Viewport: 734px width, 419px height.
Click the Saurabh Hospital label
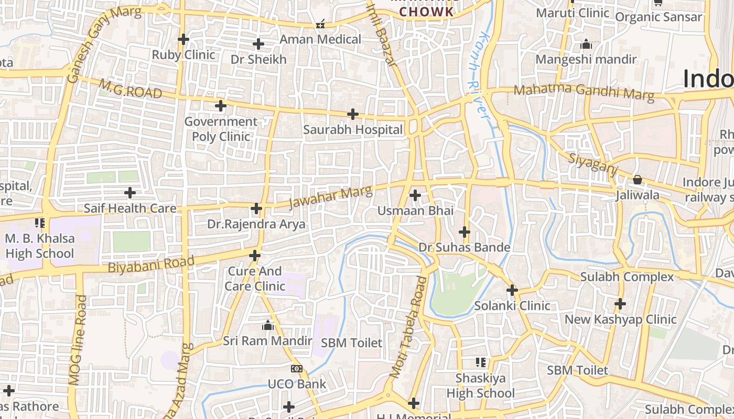[x=353, y=129]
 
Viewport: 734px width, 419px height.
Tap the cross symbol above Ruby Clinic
[x=183, y=39]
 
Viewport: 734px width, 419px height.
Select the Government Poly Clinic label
[x=221, y=129]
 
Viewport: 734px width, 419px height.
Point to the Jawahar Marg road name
[x=330, y=196]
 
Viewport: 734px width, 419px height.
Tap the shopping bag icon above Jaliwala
[x=638, y=180]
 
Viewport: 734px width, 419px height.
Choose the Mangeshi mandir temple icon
[x=586, y=45]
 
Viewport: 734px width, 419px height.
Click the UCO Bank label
[x=297, y=384]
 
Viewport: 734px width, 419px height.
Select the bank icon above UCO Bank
[x=297, y=369]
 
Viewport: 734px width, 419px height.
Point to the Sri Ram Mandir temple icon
[x=268, y=326]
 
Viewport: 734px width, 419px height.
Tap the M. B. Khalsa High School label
[x=40, y=246]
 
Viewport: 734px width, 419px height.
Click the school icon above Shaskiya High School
[x=481, y=362]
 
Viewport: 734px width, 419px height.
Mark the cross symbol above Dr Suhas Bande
[x=465, y=231]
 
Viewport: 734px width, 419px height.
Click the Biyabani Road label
[x=151, y=263]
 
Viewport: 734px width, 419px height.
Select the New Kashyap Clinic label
[x=620, y=319]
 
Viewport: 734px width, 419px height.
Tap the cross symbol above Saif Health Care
[x=130, y=193]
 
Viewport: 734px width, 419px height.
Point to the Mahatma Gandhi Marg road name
[x=584, y=92]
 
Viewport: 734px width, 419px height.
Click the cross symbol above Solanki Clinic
[x=512, y=290]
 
